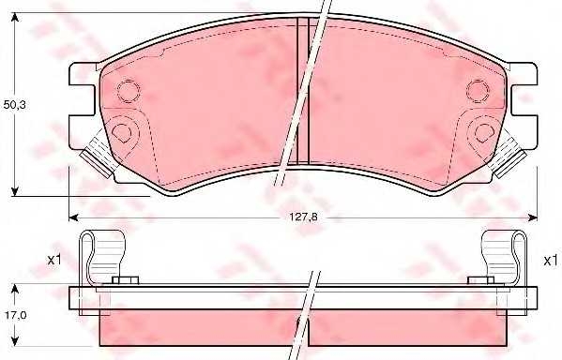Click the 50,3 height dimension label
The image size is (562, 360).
coord(14,105)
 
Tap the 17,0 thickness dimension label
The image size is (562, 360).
coord(15,315)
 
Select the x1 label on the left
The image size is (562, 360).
coord(54,260)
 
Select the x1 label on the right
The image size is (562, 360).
coord(551,261)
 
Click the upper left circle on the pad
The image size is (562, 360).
coord(129,91)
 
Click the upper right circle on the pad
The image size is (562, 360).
coord(478,91)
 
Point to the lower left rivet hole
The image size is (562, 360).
coord(121,132)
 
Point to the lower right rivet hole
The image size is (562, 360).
coord(484,132)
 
